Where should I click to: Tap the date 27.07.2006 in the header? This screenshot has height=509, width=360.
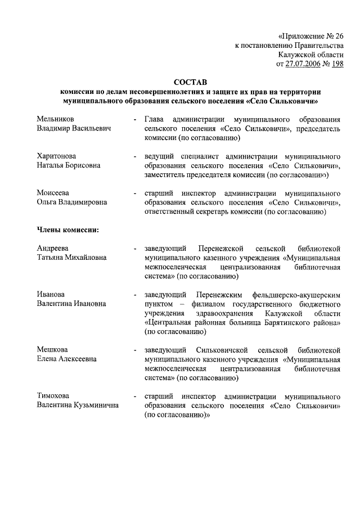coord(304,64)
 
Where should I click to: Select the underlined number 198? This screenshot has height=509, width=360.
coord(336,64)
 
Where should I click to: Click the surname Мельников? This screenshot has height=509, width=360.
coord(55,119)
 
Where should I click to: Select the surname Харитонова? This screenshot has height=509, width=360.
coord(57,155)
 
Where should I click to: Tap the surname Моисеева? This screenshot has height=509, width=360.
coord(53,192)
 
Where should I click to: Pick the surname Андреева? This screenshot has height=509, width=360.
coord(53,247)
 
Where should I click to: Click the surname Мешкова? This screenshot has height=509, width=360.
coord(52,349)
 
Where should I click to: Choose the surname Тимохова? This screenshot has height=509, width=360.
coord(54,395)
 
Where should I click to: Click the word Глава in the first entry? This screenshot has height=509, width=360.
coord(155,119)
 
